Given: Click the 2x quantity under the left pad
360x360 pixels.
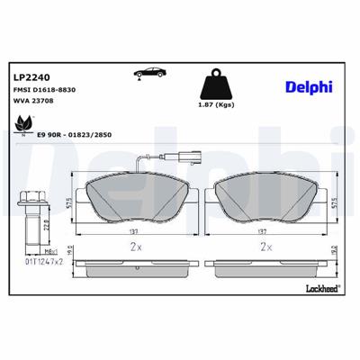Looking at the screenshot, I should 135,246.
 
